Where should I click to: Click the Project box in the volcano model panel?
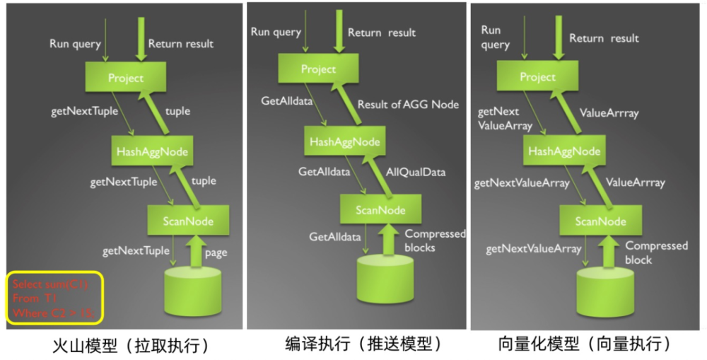pyautogui.click(x=126, y=79)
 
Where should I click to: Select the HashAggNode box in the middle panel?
pyautogui.click(x=344, y=141)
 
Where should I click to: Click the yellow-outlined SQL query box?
pyautogui.click(x=55, y=298)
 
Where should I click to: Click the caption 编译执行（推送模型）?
pyautogui.click(x=359, y=344)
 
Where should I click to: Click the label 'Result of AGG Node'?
pyautogui.click(x=408, y=105)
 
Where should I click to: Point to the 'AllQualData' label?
pyautogui.click(x=416, y=172)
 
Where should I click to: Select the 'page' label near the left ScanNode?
pyautogui.click(x=216, y=252)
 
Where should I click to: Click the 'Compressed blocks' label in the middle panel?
pyautogui.click(x=434, y=240)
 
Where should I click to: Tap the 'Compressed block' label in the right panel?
pyautogui.click(x=656, y=252)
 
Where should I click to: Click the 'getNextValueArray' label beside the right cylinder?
pyautogui.click(x=534, y=248)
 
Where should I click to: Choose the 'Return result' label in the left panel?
pyautogui.click(x=181, y=44)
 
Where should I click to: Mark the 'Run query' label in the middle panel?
pyautogui.click(x=277, y=32)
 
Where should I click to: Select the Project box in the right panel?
pyautogui.click(x=538, y=76)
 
